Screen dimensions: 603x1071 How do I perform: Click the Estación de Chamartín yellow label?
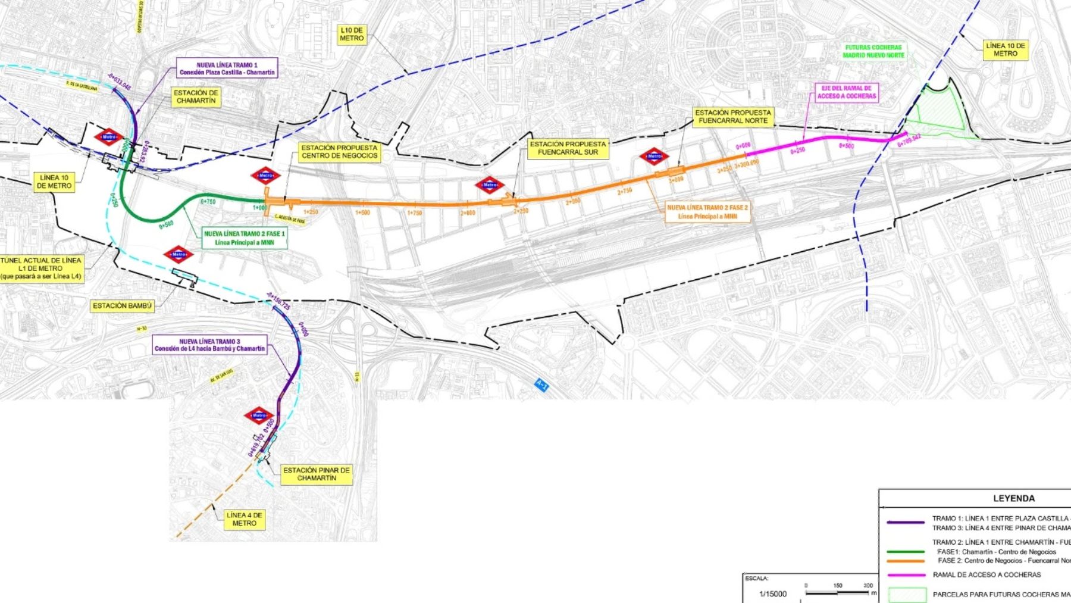[196, 97]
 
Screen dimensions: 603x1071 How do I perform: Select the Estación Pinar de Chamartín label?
[317, 474]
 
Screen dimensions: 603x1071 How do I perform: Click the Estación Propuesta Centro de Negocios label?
[339, 152]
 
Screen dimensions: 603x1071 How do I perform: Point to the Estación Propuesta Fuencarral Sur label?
[568, 148]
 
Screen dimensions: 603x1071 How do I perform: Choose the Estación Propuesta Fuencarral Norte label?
[733, 117]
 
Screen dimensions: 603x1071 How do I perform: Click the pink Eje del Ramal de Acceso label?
[846, 92]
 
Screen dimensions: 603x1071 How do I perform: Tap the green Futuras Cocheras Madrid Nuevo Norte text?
[873, 51]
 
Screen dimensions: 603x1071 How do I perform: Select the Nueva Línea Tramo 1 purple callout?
[227, 68]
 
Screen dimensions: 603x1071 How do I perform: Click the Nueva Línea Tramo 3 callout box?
[209, 345]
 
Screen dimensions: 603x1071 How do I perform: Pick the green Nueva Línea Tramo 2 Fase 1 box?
[245, 238]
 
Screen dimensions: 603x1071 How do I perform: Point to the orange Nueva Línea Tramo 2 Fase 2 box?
[707, 212]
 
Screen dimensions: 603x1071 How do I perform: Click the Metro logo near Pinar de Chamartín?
[259, 415]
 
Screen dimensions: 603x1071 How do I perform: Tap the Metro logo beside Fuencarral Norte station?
[654, 157]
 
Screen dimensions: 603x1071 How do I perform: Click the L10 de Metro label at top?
[352, 34]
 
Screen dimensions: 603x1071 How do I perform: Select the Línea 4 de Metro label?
[244, 519]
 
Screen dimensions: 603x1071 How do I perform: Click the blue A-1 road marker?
[541, 385]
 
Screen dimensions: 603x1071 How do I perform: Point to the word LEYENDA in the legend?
[1014, 498]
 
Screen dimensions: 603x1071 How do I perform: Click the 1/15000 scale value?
[773, 593]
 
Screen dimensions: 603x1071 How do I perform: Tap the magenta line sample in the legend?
[906, 575]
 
